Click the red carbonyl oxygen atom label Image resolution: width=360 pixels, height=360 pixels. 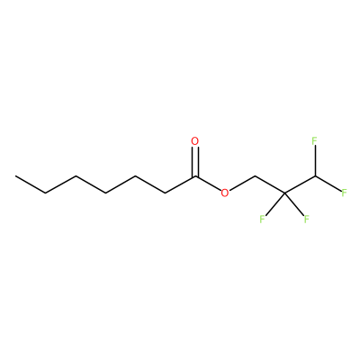pos(195,141)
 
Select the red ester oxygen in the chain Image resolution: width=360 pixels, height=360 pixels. pos(225,193)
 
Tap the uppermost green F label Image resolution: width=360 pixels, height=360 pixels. pos(314,141)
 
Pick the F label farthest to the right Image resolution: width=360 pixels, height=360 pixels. pos(344,193)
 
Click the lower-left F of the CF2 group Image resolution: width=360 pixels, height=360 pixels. pos(262,219)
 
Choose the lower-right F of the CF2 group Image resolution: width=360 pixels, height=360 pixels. pos(306,219)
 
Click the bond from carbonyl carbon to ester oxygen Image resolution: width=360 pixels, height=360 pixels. pos(208,183)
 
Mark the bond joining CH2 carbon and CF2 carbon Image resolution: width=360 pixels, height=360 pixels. pos(270,184)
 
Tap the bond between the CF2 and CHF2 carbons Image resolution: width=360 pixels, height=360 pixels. pos(300,184)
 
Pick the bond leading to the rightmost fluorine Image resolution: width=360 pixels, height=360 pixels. pos(328,184)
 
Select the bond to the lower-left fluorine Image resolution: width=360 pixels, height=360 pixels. pos(275,203)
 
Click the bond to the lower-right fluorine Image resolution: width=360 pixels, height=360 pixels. pos(293,203)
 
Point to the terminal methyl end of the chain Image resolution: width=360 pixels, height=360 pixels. pos(15,176)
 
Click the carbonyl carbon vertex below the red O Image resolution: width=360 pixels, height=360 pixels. pos(195,176)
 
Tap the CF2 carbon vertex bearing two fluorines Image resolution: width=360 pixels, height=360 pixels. pos(284,193)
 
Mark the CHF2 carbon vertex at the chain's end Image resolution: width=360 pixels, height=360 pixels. pos(315,176)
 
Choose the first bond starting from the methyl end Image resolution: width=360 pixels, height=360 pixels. pos(31,184)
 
